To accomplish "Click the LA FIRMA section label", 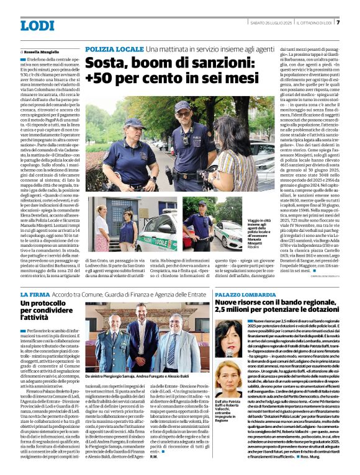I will tap(33, 295).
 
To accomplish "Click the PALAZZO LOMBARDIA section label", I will tap(245, 295).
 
